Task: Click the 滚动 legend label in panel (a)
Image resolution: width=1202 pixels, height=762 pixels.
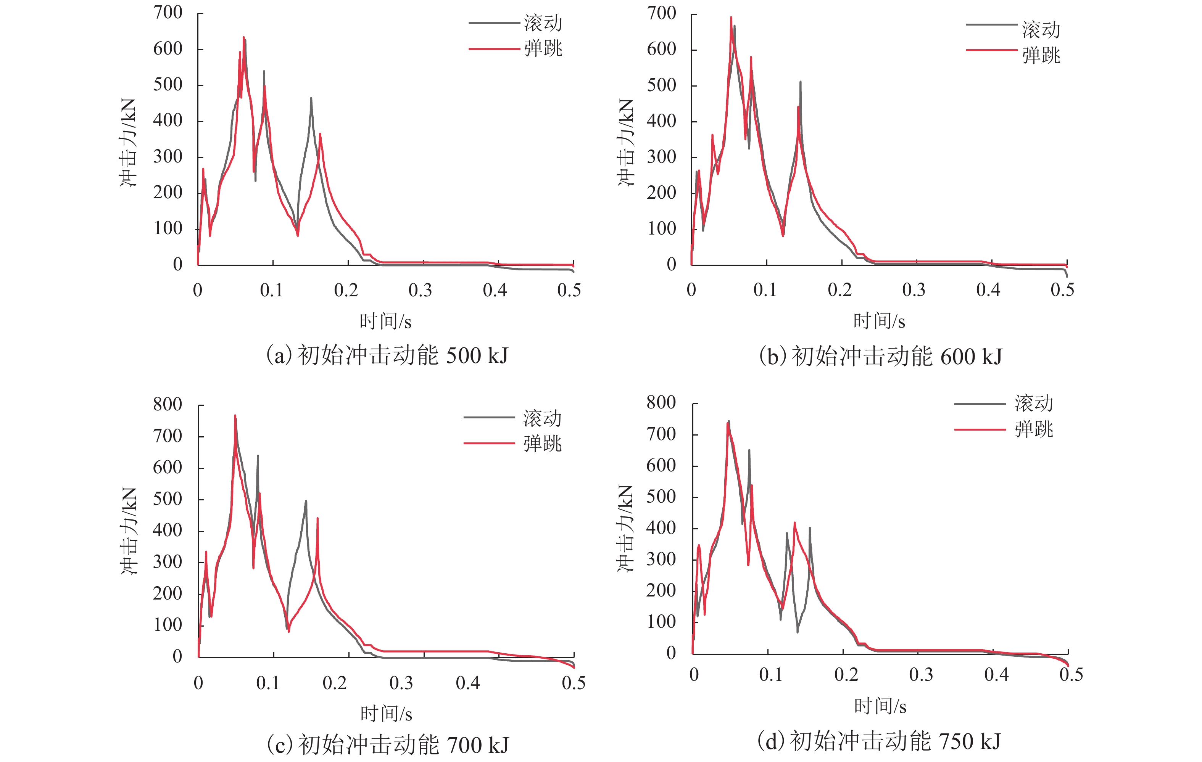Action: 543,23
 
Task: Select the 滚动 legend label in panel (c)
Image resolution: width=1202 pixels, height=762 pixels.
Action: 542,418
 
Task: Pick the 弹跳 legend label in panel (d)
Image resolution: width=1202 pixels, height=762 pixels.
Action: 1034,429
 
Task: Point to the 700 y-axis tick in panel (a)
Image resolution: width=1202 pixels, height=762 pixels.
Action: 168,13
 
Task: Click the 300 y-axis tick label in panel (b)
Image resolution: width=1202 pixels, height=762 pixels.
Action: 661,157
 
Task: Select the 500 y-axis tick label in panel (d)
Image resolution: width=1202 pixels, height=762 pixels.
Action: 661,497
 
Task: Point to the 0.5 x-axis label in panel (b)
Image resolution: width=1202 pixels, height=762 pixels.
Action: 1062,290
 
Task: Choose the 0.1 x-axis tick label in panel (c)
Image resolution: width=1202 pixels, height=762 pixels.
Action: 268,683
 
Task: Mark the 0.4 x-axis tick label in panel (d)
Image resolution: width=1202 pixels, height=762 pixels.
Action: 996,675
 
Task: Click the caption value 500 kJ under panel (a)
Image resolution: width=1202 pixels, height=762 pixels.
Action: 477,356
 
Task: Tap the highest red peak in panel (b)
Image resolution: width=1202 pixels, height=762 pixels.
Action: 731,18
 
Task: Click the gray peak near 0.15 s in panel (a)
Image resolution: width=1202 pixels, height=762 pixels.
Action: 311,99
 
